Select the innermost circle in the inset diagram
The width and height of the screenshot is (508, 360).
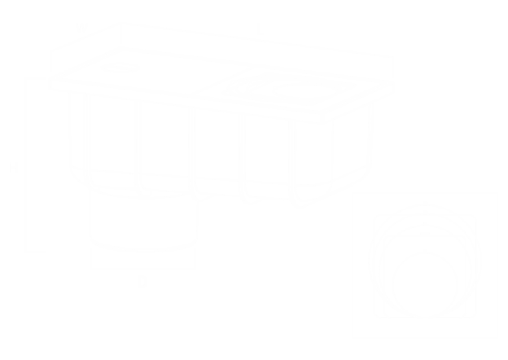click(424, 281)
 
